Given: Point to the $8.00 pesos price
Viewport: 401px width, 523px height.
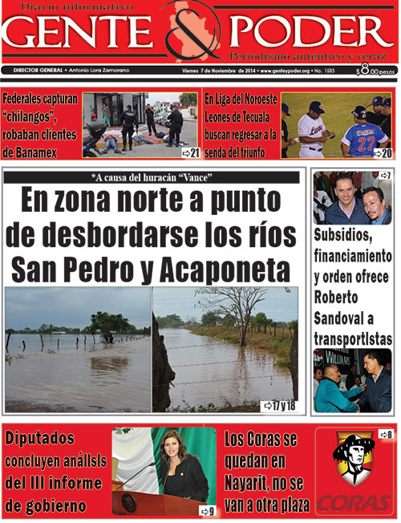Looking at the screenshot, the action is (x=375, y=71).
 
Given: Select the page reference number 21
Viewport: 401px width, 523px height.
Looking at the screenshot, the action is (x=190, y=152).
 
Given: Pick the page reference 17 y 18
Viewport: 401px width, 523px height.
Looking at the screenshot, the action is (x=284, y=405).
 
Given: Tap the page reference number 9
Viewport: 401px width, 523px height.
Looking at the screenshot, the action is (x=208, y=510).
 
